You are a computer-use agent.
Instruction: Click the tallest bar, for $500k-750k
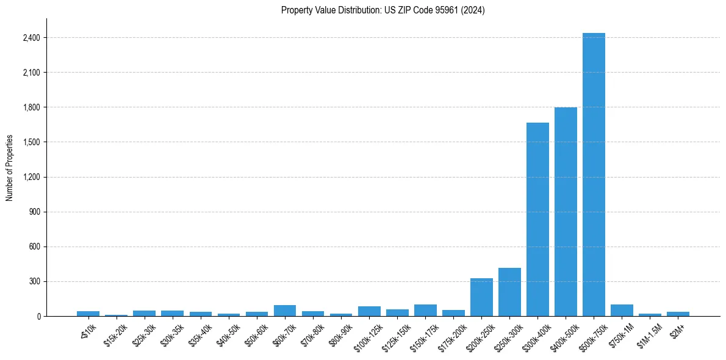(x=594, y=175)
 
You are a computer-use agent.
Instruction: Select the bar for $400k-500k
(x=566, y=212)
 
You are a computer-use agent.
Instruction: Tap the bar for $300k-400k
(x=537, y=220)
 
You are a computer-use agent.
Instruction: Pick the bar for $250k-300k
(x=509, y=292)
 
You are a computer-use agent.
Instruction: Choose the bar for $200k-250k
(x=481, y=298)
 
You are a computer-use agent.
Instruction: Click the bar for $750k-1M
(x=622, y=310)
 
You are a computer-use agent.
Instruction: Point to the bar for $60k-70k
(x=285, y=311)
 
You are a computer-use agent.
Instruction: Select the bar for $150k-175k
(x=425, y=310)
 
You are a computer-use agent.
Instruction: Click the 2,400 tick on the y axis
(x=31, y=38)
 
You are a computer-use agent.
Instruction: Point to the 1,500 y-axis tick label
(x=31, y=142)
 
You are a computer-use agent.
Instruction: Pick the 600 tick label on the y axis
(x=34, y=247)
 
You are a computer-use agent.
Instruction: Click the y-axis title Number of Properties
(x=9, y=168)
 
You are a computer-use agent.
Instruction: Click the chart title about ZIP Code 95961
(x=383, y=10)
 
